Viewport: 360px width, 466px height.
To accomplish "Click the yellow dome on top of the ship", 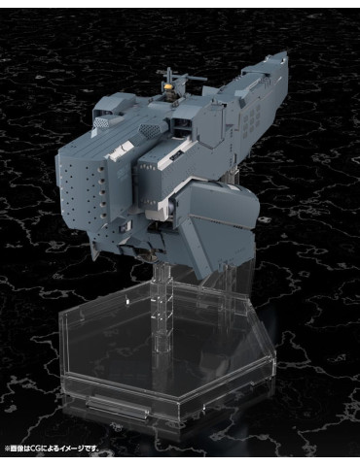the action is (169, 87).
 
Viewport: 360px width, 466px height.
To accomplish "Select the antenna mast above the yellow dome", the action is (169, 76).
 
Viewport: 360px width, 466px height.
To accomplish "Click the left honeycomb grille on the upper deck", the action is (102, 122).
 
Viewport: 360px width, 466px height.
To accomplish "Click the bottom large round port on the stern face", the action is (103, 216).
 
